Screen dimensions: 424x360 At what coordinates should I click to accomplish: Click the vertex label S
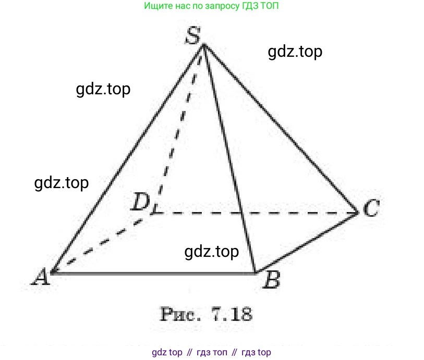[193, 35]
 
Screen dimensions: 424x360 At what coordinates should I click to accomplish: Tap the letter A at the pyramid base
[41, 277]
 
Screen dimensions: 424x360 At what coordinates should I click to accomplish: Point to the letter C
[371, 208]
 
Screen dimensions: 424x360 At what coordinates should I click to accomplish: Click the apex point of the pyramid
[204, 45]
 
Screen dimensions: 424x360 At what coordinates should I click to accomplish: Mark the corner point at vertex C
[357, 213]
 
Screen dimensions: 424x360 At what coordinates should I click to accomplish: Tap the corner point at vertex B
[255, 273]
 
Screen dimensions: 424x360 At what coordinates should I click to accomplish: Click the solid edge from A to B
[153, 274]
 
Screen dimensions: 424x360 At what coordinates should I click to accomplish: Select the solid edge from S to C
[281, 129]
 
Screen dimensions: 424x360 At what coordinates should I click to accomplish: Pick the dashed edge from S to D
[179, 129]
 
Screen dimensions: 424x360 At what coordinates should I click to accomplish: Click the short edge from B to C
[306, 243]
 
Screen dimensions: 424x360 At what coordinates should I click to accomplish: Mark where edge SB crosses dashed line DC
[241, 213]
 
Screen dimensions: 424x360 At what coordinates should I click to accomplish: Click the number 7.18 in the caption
[232, 314]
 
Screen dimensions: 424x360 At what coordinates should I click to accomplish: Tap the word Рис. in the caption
[180, 314]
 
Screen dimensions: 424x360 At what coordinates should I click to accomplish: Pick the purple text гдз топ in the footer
[212, 352]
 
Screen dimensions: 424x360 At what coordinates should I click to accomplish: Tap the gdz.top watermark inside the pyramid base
[212, 252]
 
